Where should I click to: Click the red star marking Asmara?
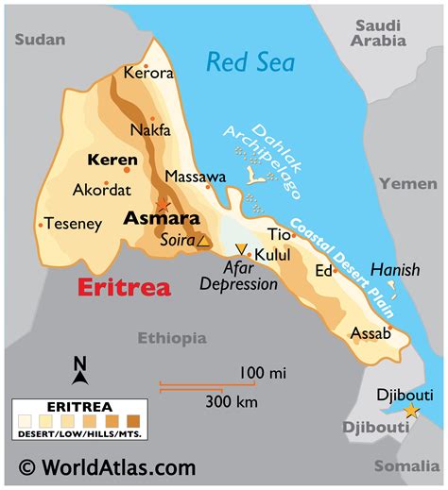point(163,204)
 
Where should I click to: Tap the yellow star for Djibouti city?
point(411,411)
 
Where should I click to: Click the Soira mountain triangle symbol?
point(203,241)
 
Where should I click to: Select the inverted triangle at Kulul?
point(241,249)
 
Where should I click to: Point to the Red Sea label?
point(250,63)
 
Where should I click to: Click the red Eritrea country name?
point(123,288)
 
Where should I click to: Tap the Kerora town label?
point(148,73)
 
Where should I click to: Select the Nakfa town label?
point(150,129)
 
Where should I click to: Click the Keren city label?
point(112,160)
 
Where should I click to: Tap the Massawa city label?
point(196,177)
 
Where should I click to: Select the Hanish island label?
point(394,270)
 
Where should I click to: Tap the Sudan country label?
point(40,39)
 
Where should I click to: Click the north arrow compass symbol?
point(80,370)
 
